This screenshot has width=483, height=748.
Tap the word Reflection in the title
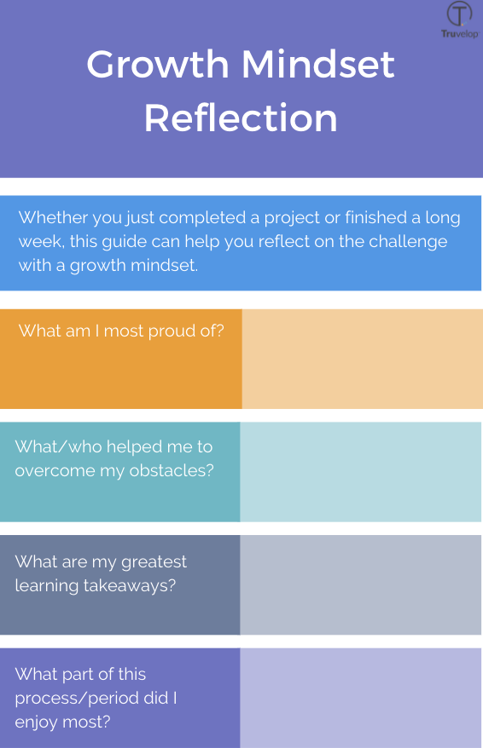241,118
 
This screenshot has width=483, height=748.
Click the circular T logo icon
459,14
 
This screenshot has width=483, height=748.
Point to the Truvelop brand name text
459,34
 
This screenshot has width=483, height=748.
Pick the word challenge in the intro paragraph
406,241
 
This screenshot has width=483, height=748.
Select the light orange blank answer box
362,359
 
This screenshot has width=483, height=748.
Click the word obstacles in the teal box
169,470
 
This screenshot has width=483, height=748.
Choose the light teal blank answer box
360,472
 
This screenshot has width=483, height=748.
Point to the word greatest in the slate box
154,561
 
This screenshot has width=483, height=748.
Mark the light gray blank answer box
360,584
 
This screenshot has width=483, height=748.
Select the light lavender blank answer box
360,698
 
